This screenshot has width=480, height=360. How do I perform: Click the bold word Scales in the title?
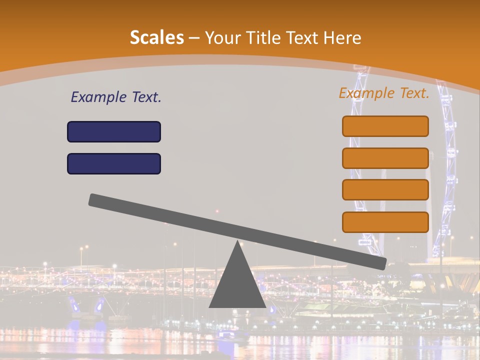[156, 37]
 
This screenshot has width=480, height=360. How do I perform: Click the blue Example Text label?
[116, 97]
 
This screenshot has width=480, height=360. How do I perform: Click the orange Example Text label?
[384, 93]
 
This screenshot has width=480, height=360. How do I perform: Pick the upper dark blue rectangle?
[114, 131]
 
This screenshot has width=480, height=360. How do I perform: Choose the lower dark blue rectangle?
[114, 163]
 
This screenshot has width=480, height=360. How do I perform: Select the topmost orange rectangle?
[385, 126]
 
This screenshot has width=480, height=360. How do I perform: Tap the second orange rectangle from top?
[385, 158]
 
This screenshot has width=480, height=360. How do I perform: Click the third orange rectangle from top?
[385, 189]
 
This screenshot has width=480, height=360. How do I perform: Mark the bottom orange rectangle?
[385, 222]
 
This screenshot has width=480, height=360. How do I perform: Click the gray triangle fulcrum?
[237, 285]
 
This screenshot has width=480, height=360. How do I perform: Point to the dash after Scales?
[195, 38]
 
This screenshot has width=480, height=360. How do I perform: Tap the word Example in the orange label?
[366, 93]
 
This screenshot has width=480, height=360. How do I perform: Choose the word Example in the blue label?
[98, 97]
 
